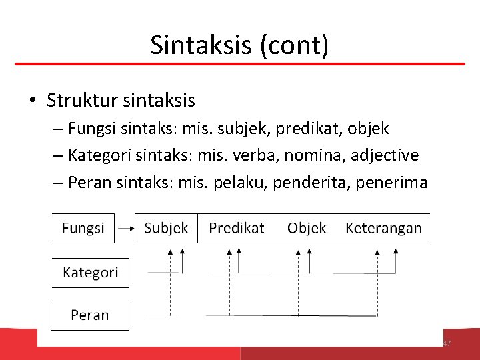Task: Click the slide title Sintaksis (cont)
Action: coord(239,45)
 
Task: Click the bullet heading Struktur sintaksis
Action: coord(121,101)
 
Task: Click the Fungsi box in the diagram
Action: coord(83,228)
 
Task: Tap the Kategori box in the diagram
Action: coord(90,272)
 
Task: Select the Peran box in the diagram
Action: coord(89,315)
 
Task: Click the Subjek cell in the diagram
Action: coord(166,228)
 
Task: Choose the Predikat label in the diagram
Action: coord(236,228)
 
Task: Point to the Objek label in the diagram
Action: coord(307,228)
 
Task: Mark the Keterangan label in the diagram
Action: coord(383,228)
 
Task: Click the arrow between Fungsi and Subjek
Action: coord(125,228)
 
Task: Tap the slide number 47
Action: coord(447,343)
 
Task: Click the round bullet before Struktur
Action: coord(33,101)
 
